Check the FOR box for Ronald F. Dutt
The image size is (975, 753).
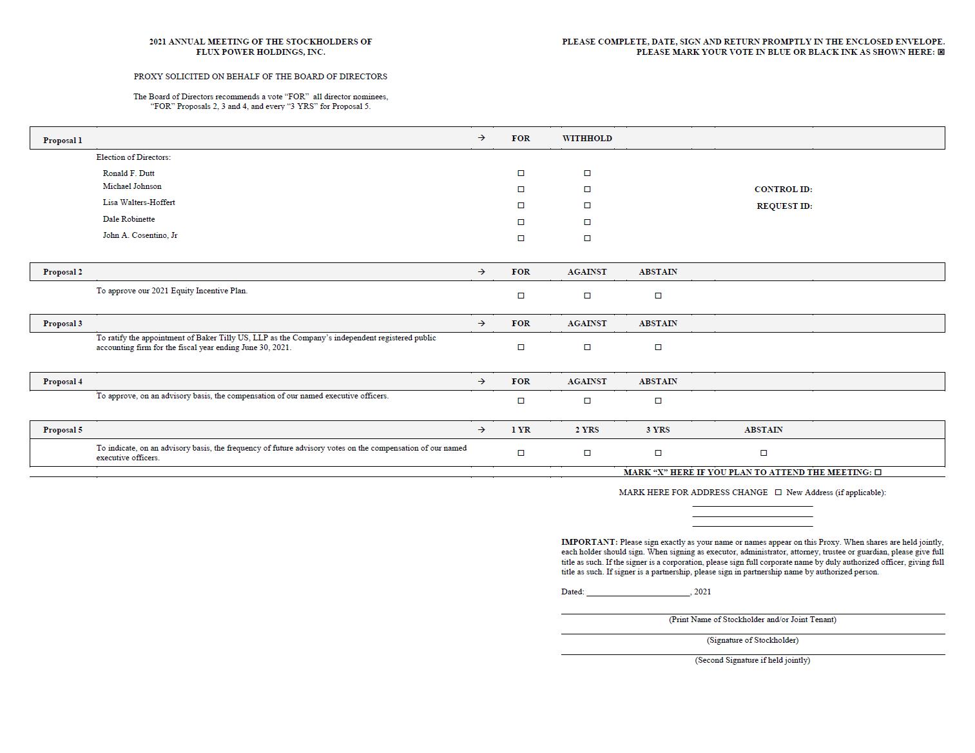click(521, 173)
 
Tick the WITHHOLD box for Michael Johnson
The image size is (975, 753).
click(587, 190)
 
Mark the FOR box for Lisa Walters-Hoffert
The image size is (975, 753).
click(521, 206)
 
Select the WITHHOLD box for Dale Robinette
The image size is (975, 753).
click(587, 222)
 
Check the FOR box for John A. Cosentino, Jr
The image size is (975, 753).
click(521, 239)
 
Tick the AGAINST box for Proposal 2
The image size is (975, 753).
click(587, 296)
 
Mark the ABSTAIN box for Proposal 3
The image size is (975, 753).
click(658, 347)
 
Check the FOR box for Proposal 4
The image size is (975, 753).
click(521, 401)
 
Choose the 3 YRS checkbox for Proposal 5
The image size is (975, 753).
click(658, 453)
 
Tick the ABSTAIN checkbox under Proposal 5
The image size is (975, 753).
click(764, 453)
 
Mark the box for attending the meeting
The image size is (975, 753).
click(878, 473)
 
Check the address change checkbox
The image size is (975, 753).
click(778, 493)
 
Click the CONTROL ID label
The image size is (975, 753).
click(783, 190)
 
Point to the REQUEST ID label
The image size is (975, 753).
click(784, 206)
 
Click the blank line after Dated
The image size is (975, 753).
click(638, 592)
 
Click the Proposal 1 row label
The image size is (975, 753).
click(63, 141)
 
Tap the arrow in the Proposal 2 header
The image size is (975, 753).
click(481, 272)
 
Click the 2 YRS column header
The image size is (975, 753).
click(587, 430)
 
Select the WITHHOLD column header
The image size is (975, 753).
click(587, 139)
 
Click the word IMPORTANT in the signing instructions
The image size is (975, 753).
click(589, 542)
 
